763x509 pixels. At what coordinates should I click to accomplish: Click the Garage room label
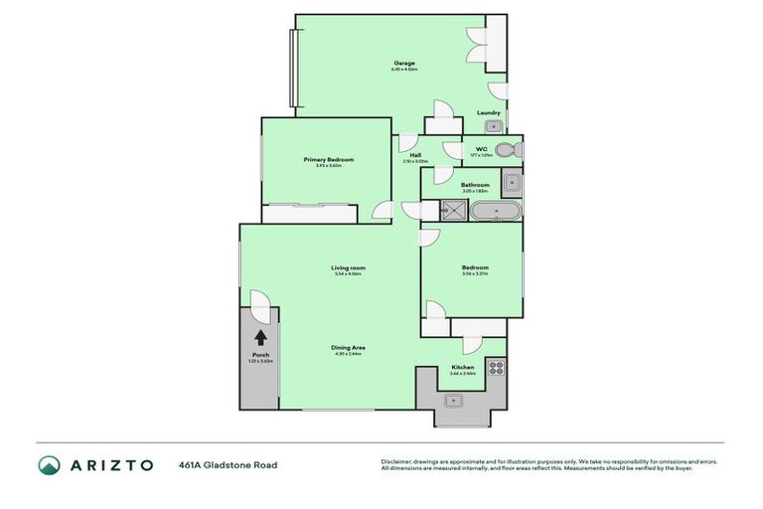click(x=403, y=63)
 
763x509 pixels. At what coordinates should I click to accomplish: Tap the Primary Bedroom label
click(x=328, y=159)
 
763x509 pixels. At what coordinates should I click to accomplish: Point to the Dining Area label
click(x=346, y=347)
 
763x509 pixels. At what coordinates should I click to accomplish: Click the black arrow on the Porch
click(x=261, y=337)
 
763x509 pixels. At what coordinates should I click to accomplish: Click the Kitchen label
click(x=463, y=366)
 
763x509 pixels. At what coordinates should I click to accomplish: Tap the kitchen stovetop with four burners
click(x=495, y=368)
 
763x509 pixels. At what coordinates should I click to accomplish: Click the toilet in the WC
click(x=507, y=150)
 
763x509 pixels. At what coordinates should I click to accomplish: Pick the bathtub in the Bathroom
click(x=494, y=211)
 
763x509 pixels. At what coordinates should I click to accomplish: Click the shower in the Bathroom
click(x=452, y=211)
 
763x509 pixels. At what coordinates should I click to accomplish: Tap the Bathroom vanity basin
click(x=511, y=182)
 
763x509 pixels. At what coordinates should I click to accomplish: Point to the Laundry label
click(x=488, y=112)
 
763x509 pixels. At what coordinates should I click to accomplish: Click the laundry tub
click(x=491, y=126)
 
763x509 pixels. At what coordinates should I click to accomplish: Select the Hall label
click(x=414, y=154)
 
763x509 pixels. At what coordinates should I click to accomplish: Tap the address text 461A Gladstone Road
click(x=228, y=464)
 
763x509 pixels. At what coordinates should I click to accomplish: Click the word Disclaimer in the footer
click(x=397, y=461)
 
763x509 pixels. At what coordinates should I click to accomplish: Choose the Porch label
click(x=260, y=355)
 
